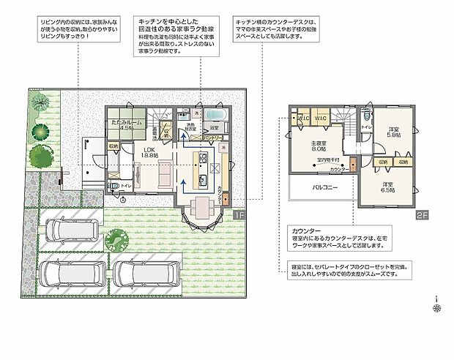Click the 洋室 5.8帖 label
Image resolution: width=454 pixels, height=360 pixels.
tap(394, 132)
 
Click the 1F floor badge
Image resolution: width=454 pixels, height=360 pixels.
tap(240, 215)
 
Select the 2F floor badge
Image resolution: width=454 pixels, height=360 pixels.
tap(421, 215)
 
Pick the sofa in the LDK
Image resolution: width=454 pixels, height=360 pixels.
tap(165, 175)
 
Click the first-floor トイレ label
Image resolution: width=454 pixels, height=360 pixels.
tap(125, 187)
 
